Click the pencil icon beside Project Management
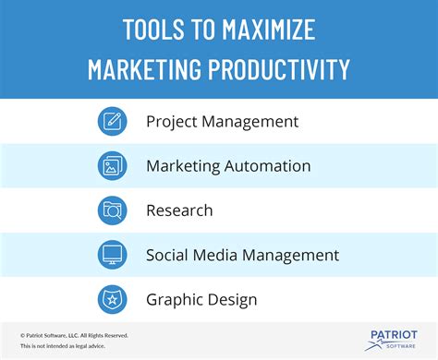[112, 121]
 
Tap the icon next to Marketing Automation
[112, 166]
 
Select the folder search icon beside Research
[112, 210]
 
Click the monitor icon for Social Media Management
[112, 255]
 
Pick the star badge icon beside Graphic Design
[112, 299]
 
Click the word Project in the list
[170, 121]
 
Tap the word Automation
[268, 166]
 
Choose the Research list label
[179, 210]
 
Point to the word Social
[167, 255]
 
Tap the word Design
[232, 299]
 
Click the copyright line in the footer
[74, 335]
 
